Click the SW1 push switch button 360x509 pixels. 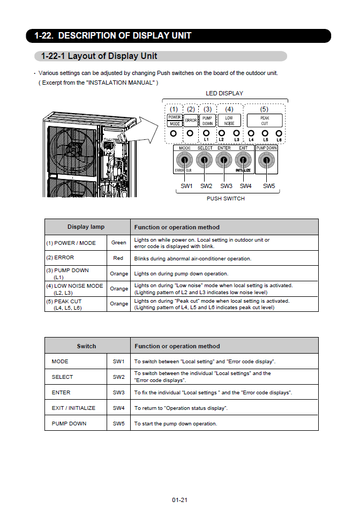coord(185,160)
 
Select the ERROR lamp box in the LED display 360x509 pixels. coord(191,120)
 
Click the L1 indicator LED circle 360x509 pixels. coord(207,132)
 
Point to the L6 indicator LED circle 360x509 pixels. coord(279,132)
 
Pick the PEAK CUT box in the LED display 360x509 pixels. coord(265,120)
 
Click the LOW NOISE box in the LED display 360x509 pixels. coord(229,120)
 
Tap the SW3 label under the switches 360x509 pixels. coord(226,186)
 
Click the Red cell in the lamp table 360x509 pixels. coord(118,258)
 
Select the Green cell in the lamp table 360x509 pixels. coord(118,243)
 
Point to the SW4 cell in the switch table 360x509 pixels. coord(118,408)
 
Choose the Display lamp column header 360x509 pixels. coord(86,227)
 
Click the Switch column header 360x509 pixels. coord(86,346)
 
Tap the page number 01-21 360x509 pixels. coord(179,500)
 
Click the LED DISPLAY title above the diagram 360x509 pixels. coord(224,93)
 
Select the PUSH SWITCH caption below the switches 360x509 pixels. coord(226,198)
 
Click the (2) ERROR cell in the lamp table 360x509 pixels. coord(76,258)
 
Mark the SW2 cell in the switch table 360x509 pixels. coord(118,377)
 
